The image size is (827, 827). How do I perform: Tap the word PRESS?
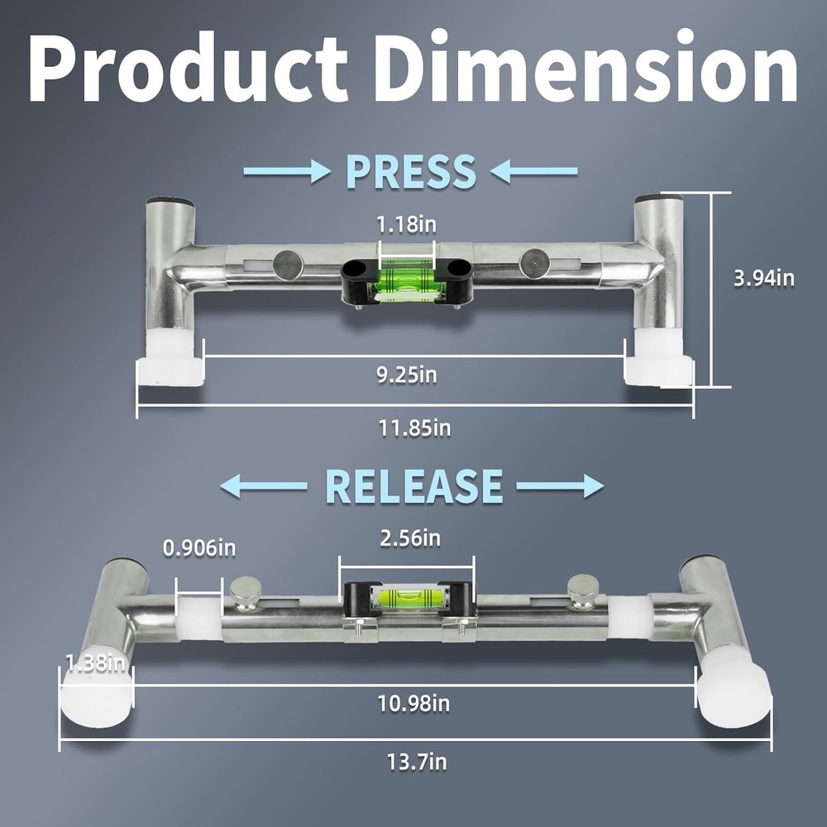pyautogui.click(x=410, y=171)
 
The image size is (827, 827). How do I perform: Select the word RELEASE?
pyautogui.click(x=414, y=486)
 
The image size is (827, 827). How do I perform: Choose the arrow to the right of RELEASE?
pyautogui.click(x=561, y=487)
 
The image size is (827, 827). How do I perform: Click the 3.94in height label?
pyautogui.click(x=764, y=278)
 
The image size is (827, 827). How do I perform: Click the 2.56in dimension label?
pyautogui.click(x=405, y=539)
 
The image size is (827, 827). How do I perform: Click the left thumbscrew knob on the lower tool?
pyautogui.click(x=244, y=592)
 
